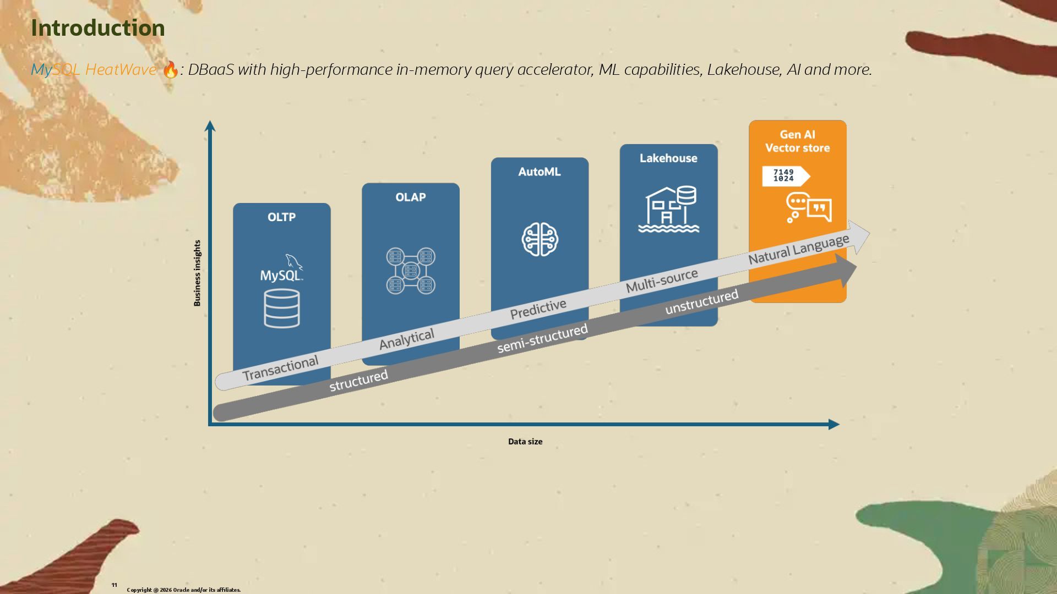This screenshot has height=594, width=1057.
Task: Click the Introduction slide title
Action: tap(98, 28)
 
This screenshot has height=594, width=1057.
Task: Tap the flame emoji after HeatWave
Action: tap(171, 70)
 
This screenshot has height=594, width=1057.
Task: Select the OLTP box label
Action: tap(281, 217)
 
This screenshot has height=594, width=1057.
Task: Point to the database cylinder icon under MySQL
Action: tap(282, 309)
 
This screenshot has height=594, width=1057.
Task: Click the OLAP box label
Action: tap(411, 197)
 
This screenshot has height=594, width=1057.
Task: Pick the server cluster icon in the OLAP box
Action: tap(411, 271)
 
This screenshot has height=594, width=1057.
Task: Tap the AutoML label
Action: tap(540, 172)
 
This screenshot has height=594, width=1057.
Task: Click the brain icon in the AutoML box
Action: tap(540, 239)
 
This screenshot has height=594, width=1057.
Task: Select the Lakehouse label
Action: tap(668, 158)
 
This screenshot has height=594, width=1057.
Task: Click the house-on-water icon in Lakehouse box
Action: tap(668, 209)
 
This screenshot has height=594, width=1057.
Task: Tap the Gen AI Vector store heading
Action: tap(797, 141)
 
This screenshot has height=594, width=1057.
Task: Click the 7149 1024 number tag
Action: tap(784, 176)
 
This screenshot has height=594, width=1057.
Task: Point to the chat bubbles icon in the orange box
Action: tap(809, 208)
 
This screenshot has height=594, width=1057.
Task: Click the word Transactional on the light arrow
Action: tap(280, 368)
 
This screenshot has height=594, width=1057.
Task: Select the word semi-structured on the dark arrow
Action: tap(542, 338)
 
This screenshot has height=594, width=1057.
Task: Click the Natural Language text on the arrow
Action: tap(798, 249)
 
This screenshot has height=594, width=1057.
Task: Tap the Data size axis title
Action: tap(525, 442)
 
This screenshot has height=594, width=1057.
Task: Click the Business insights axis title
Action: tap(197, 273)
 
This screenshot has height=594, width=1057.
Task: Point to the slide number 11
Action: tap(115, 585)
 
